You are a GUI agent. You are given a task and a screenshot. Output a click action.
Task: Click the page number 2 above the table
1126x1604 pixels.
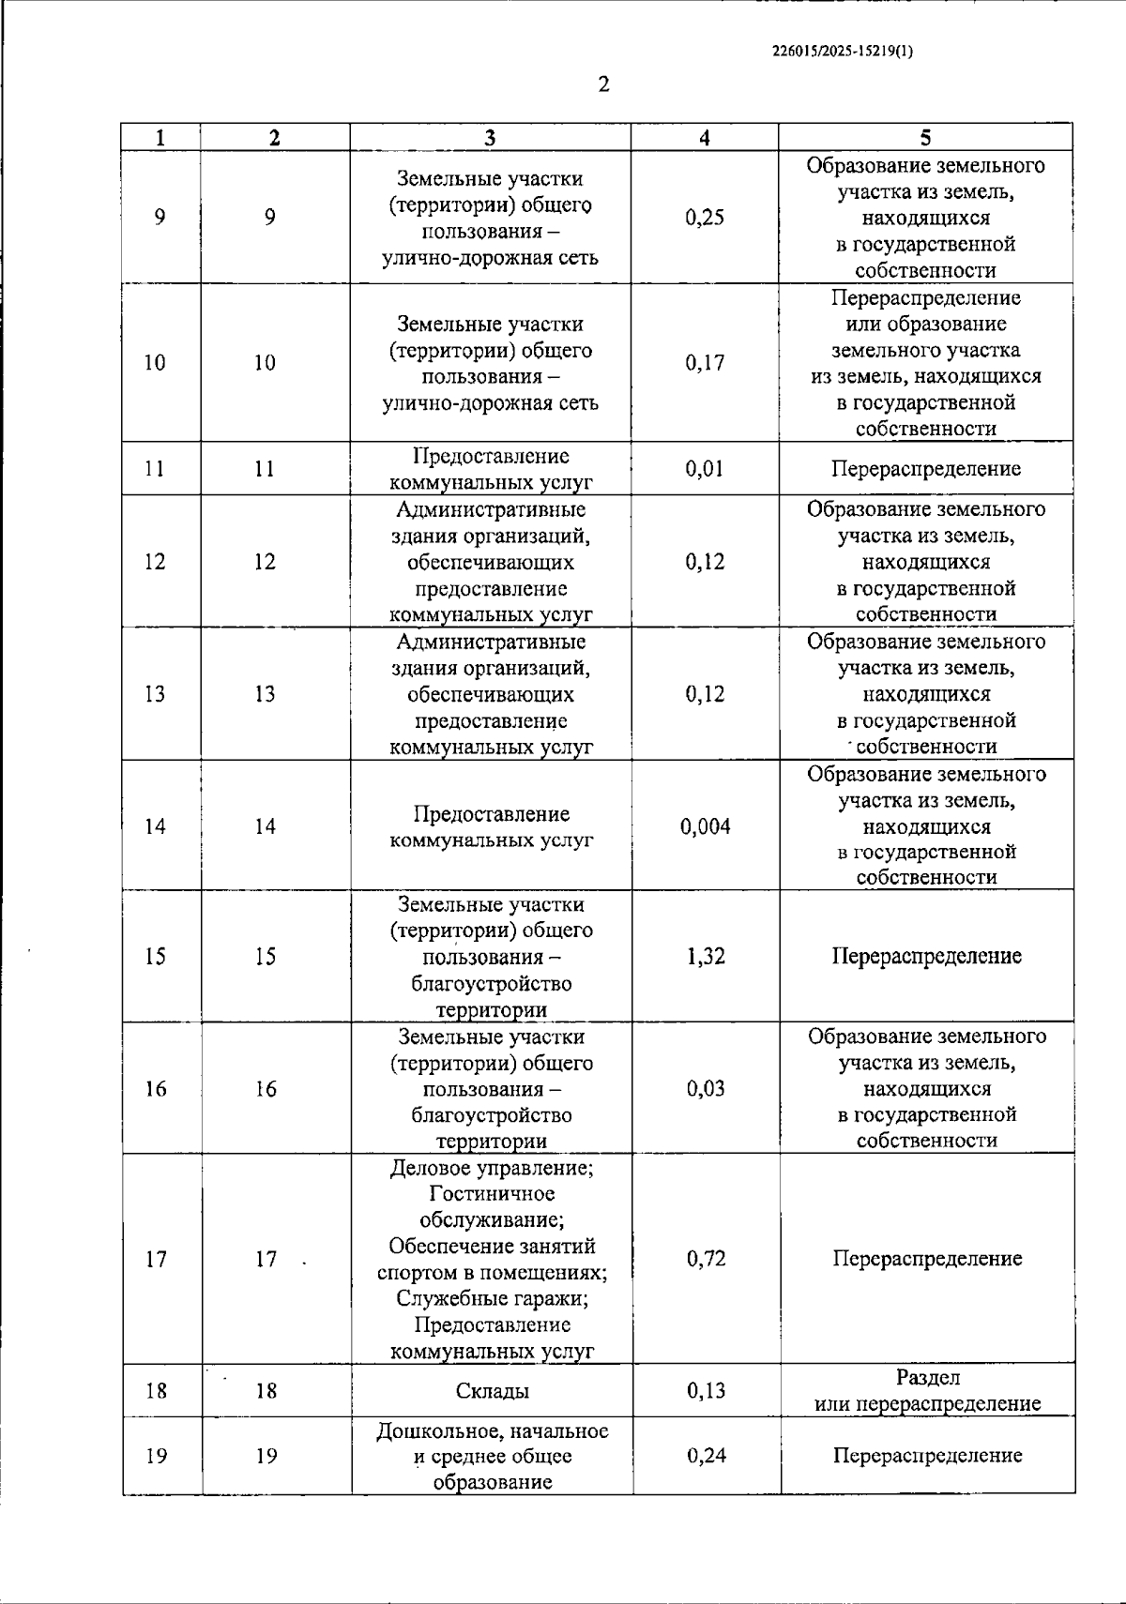(603, 85)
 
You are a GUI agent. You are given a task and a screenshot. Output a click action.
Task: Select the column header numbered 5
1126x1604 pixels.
(925, 137)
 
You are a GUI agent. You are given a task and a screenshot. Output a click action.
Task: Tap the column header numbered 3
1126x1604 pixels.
(490, 137)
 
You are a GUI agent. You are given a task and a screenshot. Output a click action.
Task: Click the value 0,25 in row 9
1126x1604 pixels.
(705, 218)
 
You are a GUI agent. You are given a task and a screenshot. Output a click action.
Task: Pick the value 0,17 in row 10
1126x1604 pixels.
(705, 363)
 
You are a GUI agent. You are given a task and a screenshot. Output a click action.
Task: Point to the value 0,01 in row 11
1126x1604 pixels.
(705, 468)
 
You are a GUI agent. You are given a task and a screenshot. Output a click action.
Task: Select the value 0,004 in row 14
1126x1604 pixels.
(705, 826)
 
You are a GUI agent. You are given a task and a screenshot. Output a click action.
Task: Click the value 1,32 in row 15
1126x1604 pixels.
(706, 956)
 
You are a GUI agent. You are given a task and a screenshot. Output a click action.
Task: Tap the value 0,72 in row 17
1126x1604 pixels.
(706, 1259)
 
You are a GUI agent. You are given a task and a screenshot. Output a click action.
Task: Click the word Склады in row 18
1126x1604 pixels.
(492, 1391)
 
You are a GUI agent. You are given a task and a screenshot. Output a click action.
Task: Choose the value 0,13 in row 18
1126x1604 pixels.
(706, 1391)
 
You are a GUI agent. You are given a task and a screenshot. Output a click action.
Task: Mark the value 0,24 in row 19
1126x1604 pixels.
(706, 1456)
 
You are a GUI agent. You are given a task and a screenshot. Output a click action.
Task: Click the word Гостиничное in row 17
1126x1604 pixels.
(492, 1194)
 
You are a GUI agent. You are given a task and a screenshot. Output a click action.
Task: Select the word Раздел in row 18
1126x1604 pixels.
(927, 1378)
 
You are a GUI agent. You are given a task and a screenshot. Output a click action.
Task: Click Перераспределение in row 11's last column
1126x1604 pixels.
(925, 468)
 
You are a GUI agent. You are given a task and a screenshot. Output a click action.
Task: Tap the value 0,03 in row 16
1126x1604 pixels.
(706, 1088)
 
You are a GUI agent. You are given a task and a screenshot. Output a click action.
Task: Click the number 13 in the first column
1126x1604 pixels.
(155, 694)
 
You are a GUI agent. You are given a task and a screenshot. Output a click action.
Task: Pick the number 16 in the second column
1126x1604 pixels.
(266, 1089)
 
